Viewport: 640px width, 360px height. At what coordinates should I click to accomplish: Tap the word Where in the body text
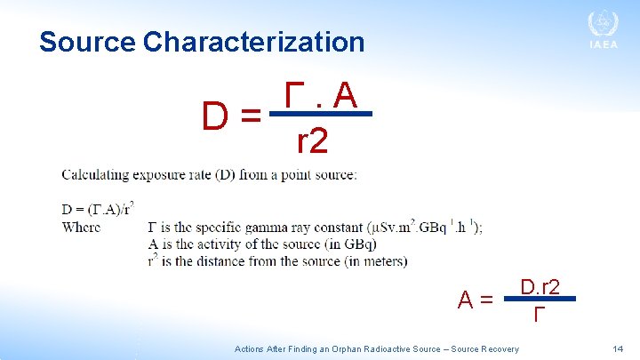(81, 227)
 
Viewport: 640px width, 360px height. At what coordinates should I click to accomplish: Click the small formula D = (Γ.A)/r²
(98, 210)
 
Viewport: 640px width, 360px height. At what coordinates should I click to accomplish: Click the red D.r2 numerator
(540, 286)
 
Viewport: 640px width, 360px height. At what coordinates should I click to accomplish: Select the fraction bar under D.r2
(540, 300)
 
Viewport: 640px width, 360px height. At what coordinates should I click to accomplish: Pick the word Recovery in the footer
(500, 349)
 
